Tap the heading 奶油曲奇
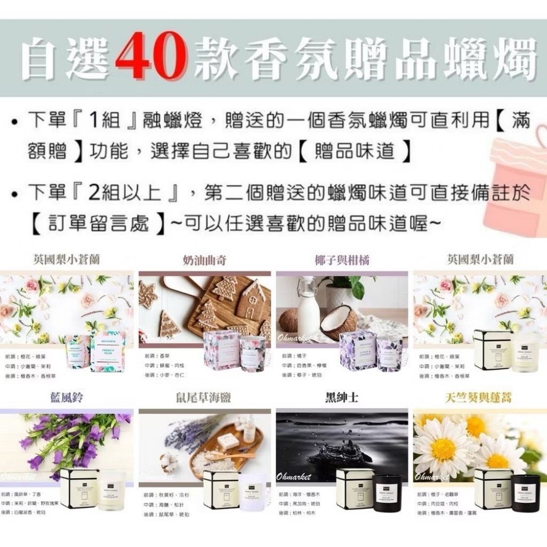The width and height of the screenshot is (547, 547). point(204,260)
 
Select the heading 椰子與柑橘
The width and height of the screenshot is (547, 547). point(342,260)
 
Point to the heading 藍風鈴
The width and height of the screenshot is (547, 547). point(66,398)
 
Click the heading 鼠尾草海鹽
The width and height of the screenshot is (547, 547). point(204,398)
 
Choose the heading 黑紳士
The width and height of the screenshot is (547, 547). point(342,398)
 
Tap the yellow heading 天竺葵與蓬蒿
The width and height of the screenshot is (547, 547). point(479,398)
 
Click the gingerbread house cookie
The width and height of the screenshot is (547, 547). point(251,301)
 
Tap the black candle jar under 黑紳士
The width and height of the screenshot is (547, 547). point(387,492)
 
